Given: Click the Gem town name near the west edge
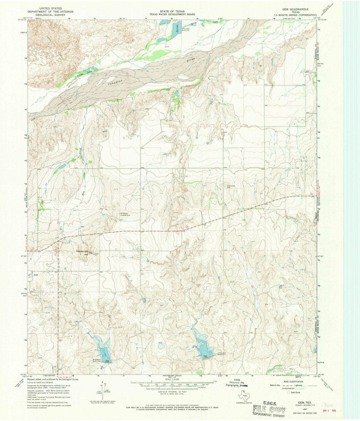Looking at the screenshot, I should pyautogui.click(x=36, y=275).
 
